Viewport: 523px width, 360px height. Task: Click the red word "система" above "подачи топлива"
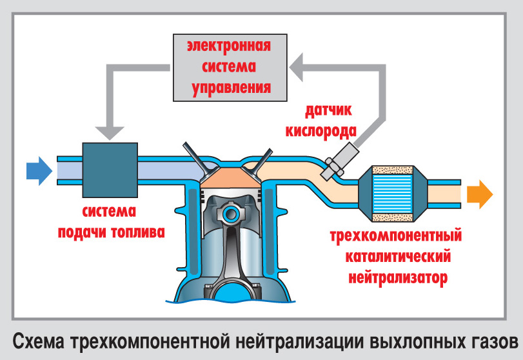click(x=109, y=211)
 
